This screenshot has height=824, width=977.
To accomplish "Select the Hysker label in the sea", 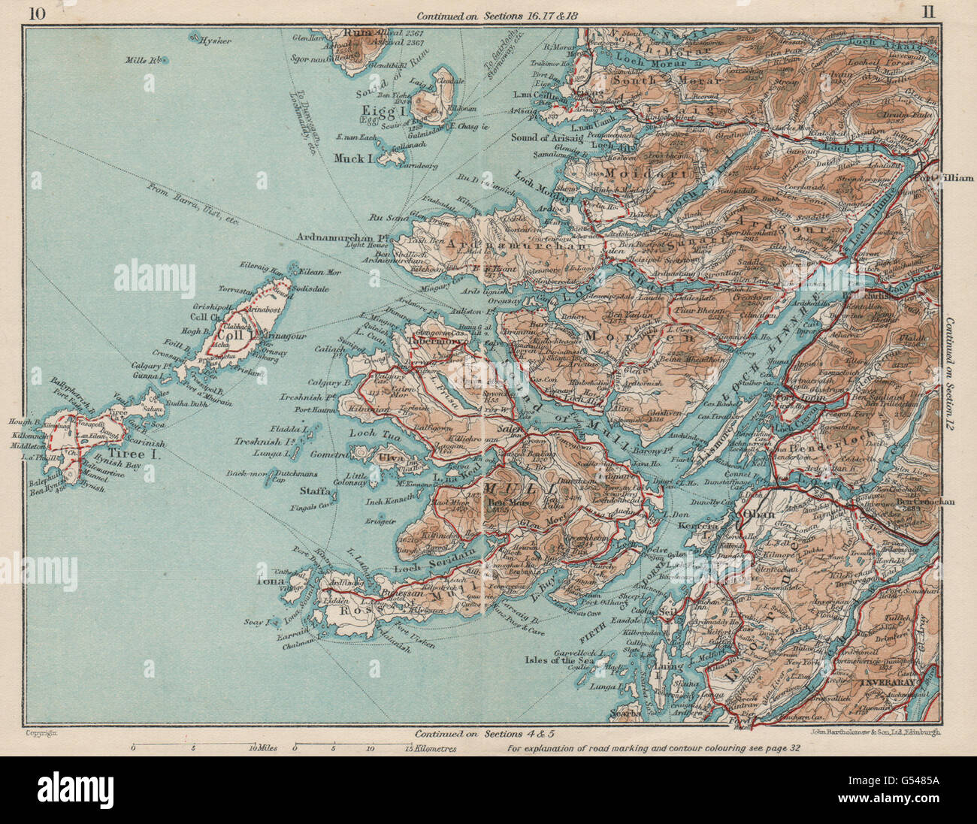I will click(x=214, y=42).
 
